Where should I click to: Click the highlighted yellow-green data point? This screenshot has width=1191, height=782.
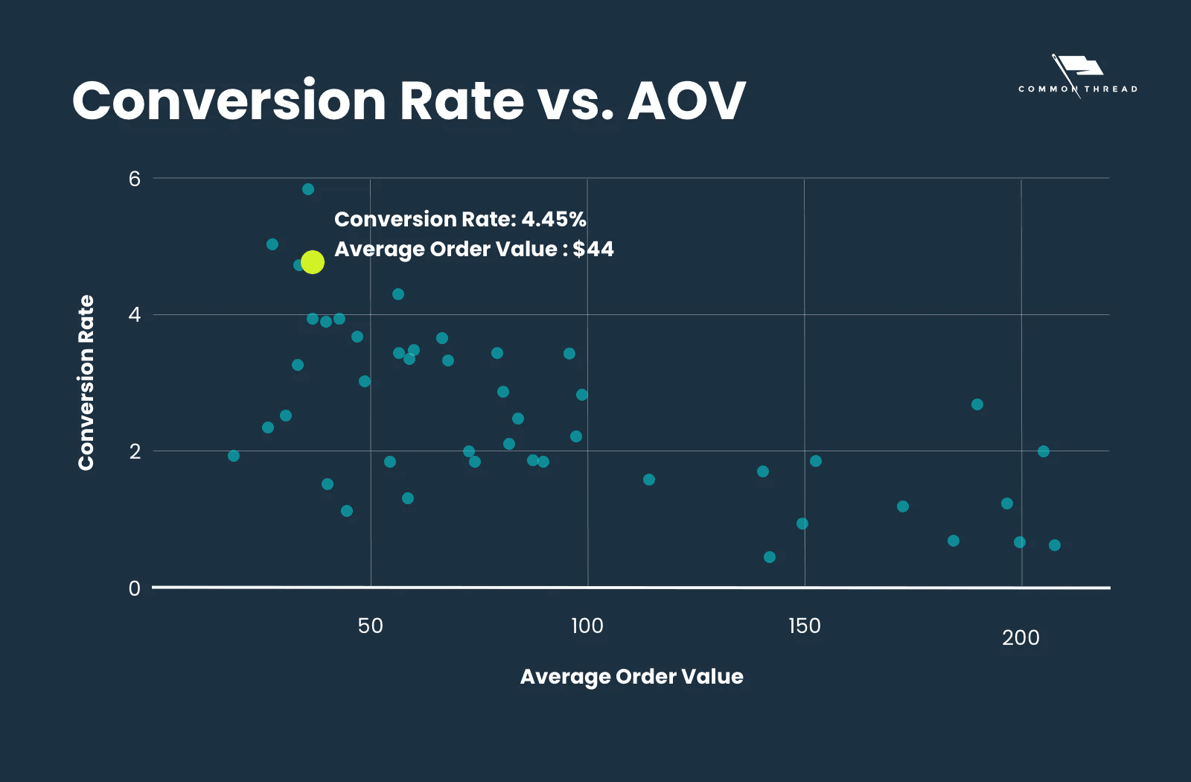[313, 262]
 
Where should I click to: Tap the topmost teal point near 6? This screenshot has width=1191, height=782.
[308, 189]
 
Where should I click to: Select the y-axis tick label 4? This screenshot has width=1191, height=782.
[134, 314]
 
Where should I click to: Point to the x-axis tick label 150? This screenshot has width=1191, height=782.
[804, 626]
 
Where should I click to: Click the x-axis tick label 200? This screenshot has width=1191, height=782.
[1021, 638]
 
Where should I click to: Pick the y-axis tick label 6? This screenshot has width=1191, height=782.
[134, 179]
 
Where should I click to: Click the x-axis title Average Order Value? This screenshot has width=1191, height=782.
[631, 676]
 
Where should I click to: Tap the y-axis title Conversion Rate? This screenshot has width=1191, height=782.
[86, 382]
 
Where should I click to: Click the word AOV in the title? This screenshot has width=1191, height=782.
[686, 101]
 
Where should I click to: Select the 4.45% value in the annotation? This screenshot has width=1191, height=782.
[553, 219]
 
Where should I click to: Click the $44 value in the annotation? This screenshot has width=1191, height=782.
[593, 249]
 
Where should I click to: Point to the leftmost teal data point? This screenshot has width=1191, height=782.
[234, 456]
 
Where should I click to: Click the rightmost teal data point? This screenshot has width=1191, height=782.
[1055, 545]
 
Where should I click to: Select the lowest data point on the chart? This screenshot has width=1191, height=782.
[770, 557]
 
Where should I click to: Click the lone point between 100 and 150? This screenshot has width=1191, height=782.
[649, 480]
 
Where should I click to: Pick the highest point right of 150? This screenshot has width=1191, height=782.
[977, 404]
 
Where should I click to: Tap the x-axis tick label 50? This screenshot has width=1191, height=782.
[370, 626]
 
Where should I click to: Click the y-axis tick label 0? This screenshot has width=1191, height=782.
[134, 588]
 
